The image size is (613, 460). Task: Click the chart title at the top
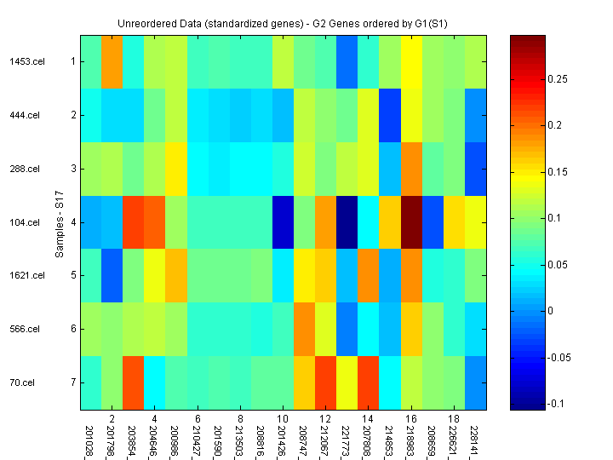(x=284, y=20)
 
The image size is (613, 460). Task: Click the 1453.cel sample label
(x=25, y=61)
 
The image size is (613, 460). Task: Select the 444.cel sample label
(x=26, y=115)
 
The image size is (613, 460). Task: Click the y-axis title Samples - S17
(x=60, y=221)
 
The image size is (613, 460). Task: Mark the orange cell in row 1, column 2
(x=112, y=61)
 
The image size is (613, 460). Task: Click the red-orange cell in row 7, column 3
(x=133, y=382)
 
